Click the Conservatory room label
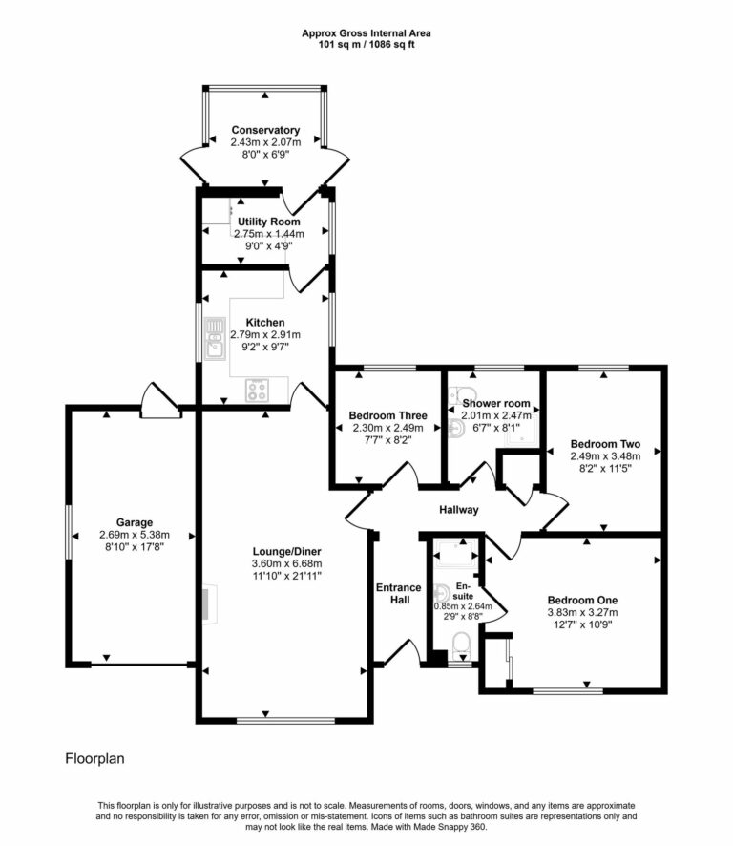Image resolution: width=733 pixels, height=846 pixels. click(x=264, y=130)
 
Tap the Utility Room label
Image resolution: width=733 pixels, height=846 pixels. click(x=268, y=222)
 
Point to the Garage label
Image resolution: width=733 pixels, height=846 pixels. click(x=135, y=522)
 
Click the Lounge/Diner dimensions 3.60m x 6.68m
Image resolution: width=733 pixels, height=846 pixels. click(x=285, y=563)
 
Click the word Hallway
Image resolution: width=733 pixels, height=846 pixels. click(x=458, y=510)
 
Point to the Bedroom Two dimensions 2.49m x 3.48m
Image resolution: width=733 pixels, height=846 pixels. click(x=605, y=456)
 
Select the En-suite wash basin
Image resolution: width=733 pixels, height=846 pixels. click(x=441, y=593)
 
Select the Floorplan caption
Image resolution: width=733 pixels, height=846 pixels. click(x=95, y=760)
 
